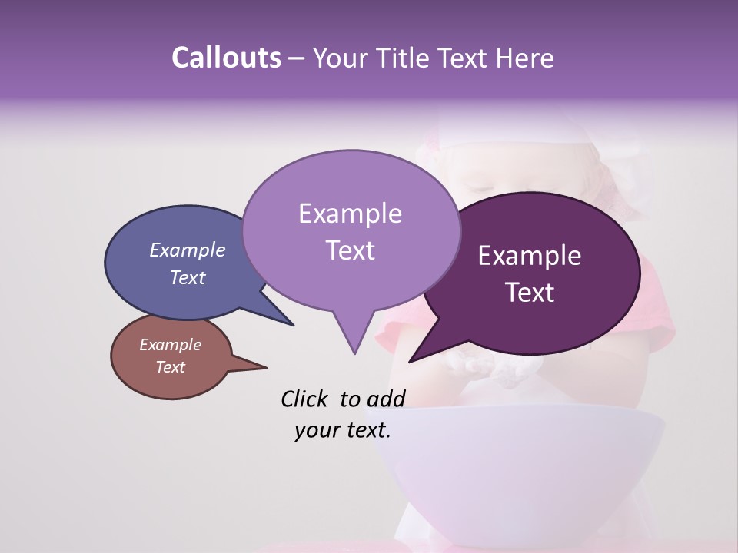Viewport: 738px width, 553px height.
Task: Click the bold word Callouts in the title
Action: [x=226, y=58]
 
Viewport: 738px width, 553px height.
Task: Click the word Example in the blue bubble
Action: [x=187, y=250]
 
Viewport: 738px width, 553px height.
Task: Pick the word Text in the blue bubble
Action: [x=187, y=277]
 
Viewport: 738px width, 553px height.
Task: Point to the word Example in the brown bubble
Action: [x=170, y=345]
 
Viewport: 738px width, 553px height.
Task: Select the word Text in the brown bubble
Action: [x=170, y=367]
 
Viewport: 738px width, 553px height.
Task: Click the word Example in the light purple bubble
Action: [x=350, y=214]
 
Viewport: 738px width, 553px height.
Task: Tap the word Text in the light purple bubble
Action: [x=350, y=250]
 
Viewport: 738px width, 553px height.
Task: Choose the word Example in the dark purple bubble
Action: [x=530, y=256]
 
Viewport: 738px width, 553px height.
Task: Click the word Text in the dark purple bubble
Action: [x=530, y=293]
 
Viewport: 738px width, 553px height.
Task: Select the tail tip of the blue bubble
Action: [x=292, y=325]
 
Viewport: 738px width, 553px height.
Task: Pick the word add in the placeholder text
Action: [x=386, y=399]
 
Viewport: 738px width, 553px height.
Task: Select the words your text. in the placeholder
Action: [x=343, y=430]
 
